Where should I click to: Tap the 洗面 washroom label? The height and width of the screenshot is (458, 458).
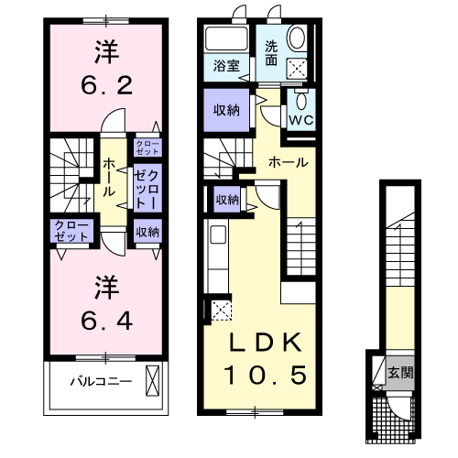click(273, 53)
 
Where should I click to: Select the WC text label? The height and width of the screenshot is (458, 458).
click(301, 119)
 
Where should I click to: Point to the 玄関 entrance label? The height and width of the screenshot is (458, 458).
click(398, 373)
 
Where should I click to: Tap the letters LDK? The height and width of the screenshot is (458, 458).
click(265, 342)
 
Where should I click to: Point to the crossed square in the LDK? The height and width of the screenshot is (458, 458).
click(221, 309)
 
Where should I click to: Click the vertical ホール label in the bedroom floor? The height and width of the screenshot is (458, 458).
click(109, 177)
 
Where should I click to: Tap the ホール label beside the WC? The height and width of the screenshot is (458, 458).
click(288, 162)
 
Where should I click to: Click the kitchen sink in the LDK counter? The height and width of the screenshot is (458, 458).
click(218, 235)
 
